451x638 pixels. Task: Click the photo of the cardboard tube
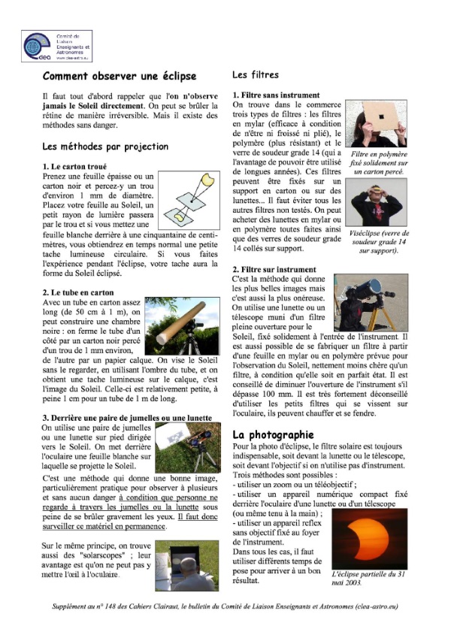pos(181,325)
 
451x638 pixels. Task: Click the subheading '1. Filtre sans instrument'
pos(277,95)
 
